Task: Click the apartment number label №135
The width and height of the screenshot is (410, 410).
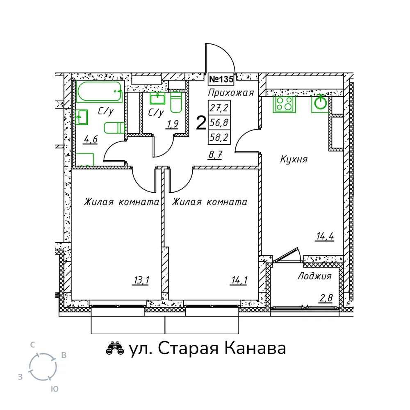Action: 221,79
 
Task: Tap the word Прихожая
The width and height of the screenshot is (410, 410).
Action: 231,93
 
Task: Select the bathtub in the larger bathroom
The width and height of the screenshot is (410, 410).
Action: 100,91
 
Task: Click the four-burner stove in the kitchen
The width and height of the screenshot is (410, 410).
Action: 284,104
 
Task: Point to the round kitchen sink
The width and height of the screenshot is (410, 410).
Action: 321,103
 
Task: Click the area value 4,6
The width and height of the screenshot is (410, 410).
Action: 91,140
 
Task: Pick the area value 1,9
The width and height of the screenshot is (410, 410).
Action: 172,124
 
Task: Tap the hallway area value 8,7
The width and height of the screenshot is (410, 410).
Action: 216,155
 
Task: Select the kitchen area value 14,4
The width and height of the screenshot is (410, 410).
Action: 325,237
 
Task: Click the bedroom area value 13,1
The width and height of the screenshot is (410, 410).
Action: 141,280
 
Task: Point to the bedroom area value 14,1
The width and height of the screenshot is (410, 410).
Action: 239,280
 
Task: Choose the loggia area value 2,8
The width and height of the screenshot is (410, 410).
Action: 326,298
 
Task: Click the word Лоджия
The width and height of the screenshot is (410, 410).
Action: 314,276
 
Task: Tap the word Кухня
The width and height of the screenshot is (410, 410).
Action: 294,159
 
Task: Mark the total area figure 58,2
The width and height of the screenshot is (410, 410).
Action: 219,137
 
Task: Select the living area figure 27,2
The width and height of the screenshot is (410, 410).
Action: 219,107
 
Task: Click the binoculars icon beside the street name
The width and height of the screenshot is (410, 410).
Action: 115,348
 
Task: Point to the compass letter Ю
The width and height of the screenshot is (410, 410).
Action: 55,389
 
